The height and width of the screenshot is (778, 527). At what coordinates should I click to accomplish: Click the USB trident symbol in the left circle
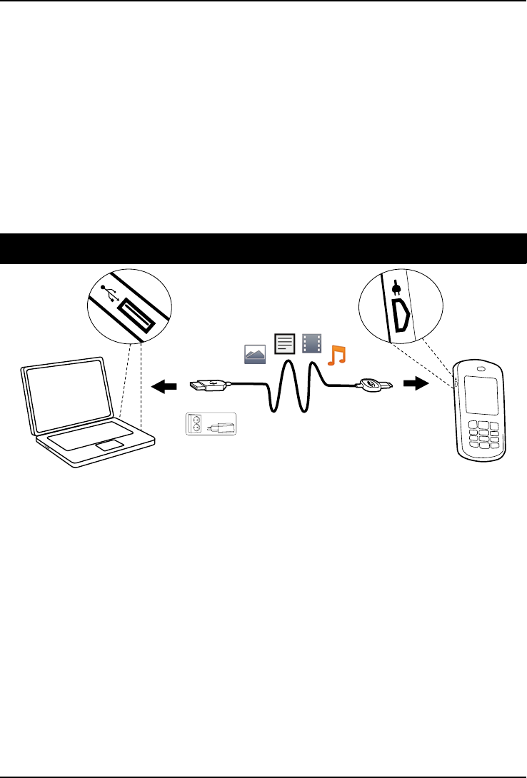tap(109, 293)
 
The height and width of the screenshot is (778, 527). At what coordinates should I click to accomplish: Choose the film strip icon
tap(311, 344)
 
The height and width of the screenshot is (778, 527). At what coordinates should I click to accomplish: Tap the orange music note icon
tap(335, 353)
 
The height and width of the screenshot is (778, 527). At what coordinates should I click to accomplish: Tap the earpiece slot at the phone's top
tap(481, 368)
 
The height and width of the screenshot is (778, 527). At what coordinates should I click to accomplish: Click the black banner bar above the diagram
tap(263, 248)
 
